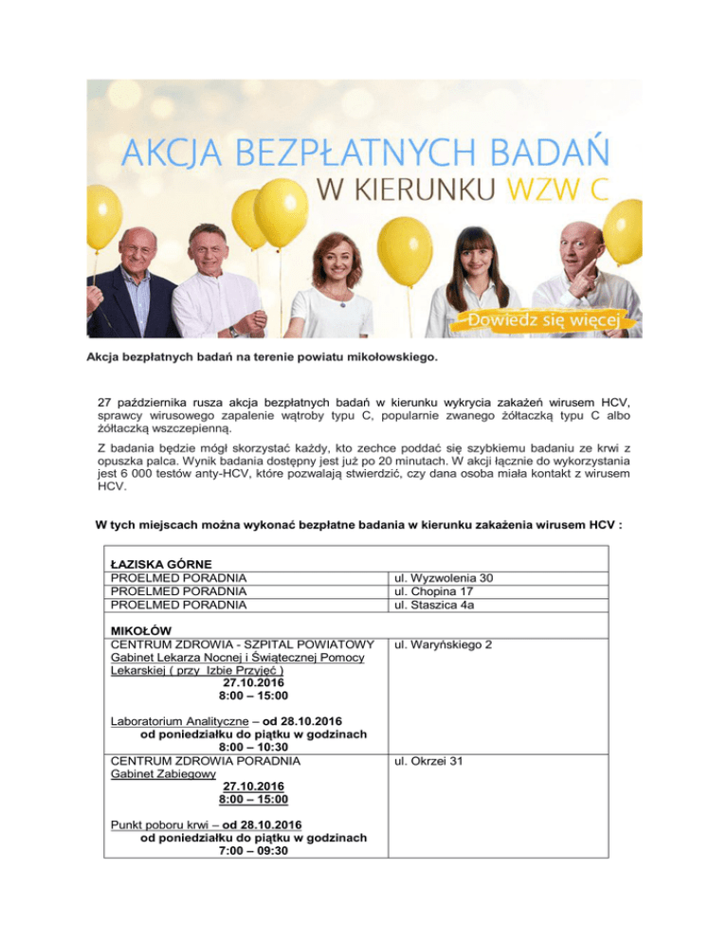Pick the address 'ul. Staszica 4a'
pyautogui.click(x=446, y=605)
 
